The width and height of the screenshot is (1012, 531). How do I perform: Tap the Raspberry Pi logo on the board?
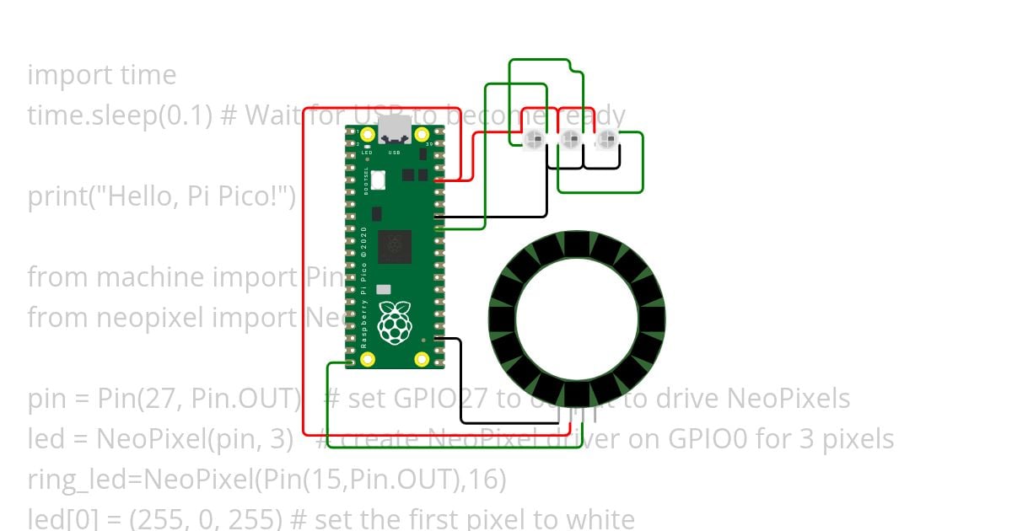pyautogui.click(x=394, y=322)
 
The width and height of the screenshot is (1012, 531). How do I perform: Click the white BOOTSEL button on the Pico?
pyautogui.click(x=379, y=179)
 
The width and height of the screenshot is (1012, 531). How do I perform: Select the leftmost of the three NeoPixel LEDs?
pyautogui.click(x=533, y=141)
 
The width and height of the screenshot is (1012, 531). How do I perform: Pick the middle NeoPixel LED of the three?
pyautogui.click(x=570, y=141)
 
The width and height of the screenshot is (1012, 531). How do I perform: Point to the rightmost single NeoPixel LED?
pyautogui.click(x=606, y=141)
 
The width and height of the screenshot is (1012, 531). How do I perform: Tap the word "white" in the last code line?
pyautogui.click(x=598, y=518)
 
